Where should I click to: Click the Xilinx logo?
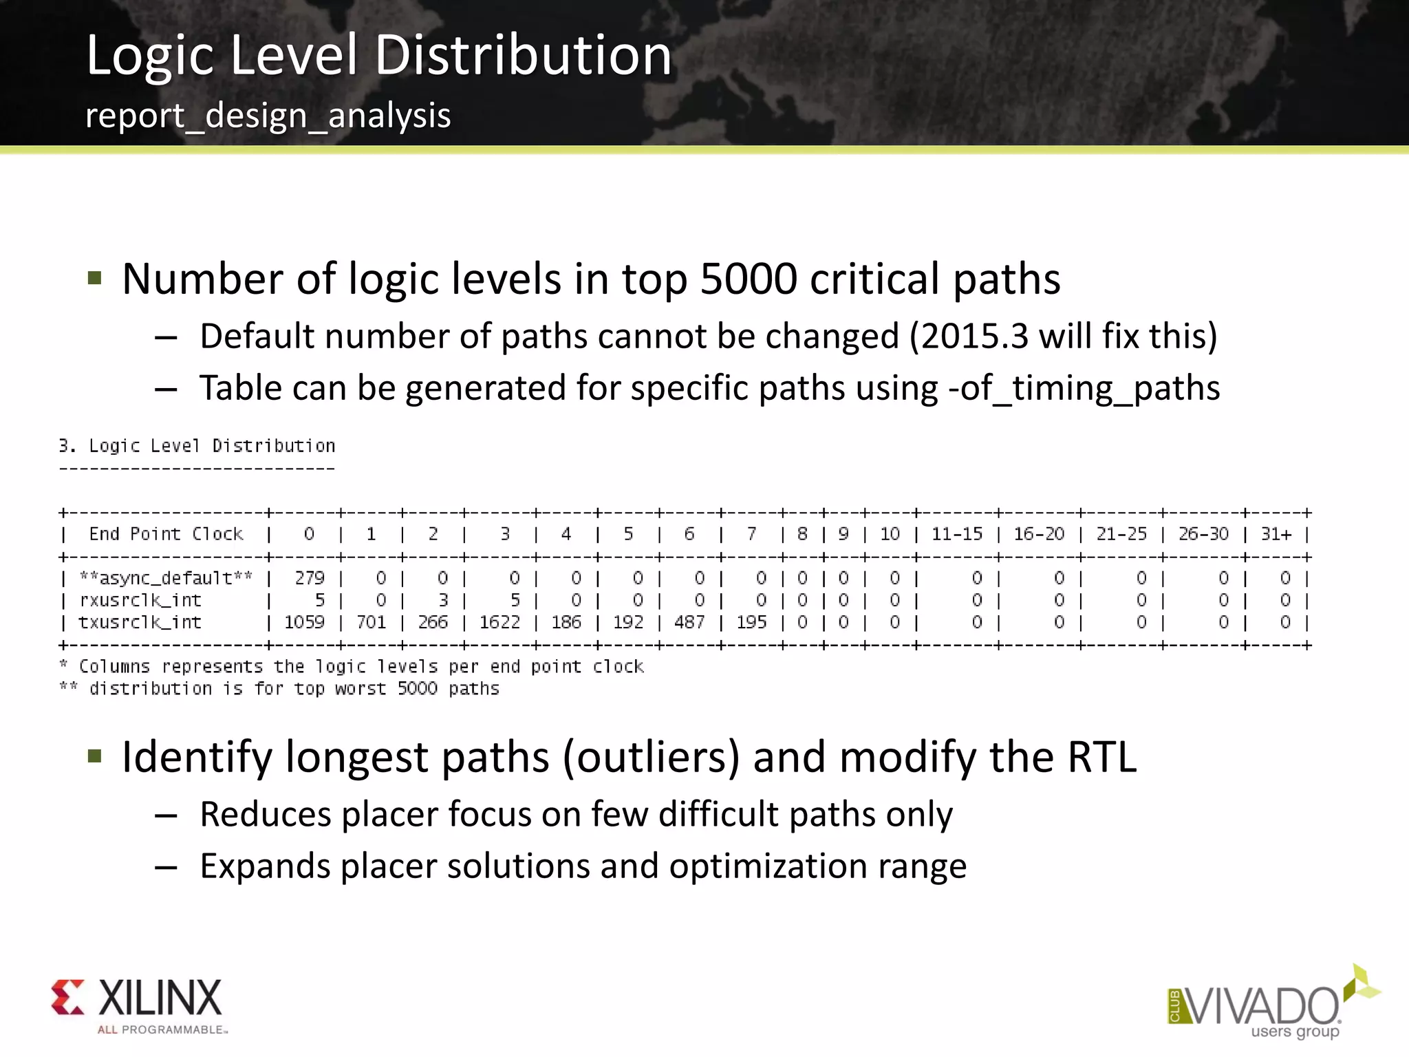[x=138, y=1005]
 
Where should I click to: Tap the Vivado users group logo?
[x=1273, y=1005]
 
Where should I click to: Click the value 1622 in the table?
[x=499, y=622]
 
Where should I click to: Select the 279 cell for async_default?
[x=309, y=578]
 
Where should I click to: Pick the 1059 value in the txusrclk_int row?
[x=304, y=622]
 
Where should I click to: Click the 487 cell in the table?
[x=689, y=622]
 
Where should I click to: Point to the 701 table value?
[x=371, y=622]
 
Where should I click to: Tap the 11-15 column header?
[x=956, y=534]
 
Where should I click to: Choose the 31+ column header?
[x=1276, y=534]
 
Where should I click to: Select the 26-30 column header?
[x=1203, y=534]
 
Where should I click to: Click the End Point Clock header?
[x=166, y=534]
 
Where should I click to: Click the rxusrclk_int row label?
[x=140, y=601]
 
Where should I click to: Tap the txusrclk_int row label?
[x=140, y=623]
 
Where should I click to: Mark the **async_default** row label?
[x=166, y=578]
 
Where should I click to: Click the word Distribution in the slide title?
[x=523, y=55]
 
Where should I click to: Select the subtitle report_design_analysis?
[x=268, y=116]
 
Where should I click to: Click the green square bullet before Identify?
[x=95, y=757]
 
